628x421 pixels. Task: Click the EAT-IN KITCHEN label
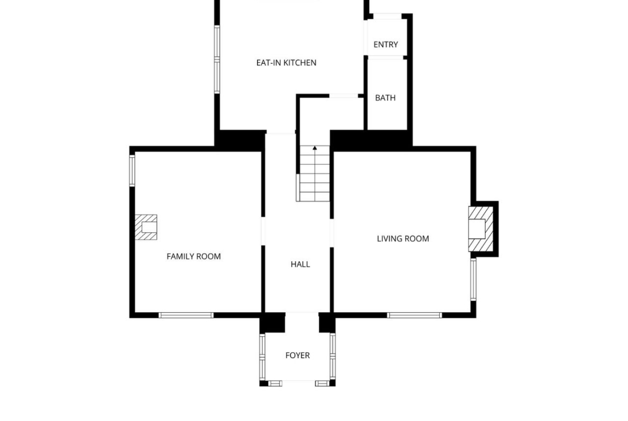pyautogui.click(x=287, y=62)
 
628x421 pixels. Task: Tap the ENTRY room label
pyautogui.click(x=386, y=45)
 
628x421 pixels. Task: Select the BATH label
pyautogui.click(x=385, y=98)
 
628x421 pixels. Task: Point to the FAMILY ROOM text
pyautogui.click(x=193, y=256)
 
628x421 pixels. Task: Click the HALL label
pyautogui.click(x=301, y=264)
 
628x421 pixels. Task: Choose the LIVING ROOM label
pyautogui.click(x=403, y=239)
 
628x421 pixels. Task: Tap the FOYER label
pyautogui.click(x=297, y=356)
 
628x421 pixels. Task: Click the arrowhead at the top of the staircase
pyautogui.click(x=315, y=149)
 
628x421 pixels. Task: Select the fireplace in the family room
pyautogui.click(x=146, y=227)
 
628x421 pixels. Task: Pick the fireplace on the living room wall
pyautogui.click(x=480, y=229)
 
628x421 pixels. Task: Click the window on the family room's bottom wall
pyautogui.click(x=186, y=315)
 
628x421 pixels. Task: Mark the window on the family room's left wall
pyautogui.click(x=132, y=171)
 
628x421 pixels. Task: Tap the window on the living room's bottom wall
pyautogui.click(x=414, y=315)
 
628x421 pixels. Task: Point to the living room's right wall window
pyautogui.click(x=473, y=279)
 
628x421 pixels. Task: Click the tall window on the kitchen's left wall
pyautogui.click(x=217, y=60)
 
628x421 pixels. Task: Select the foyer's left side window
pyautogui.click(x=262, y=357)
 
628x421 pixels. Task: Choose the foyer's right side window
pyautogui.click(x=332, y=357)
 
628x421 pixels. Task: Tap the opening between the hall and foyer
pyautogui.click(x=302, y=313)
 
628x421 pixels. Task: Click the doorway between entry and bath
pyautogui.click(x=386, y=57)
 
